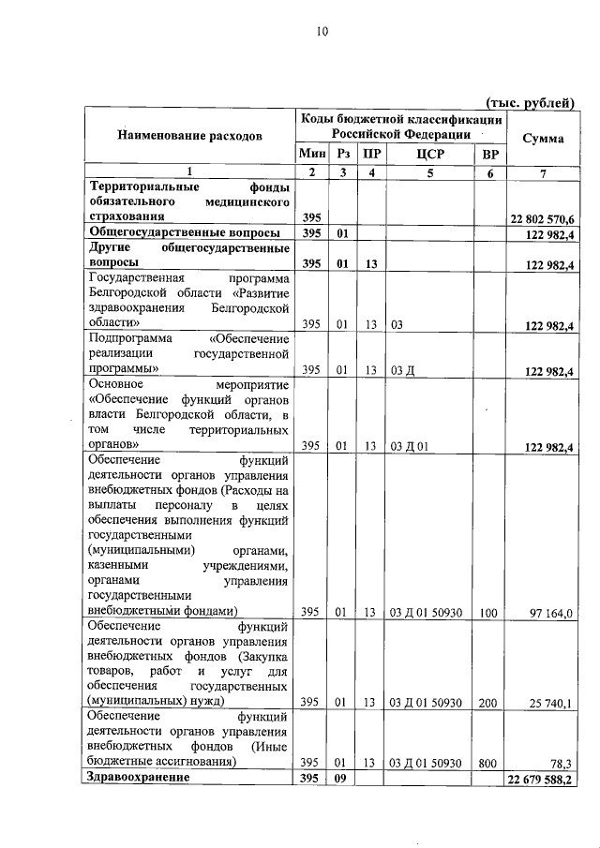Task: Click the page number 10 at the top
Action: pos(321,31)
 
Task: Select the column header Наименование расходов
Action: pos(189,136)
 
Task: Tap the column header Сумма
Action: pos(542,138)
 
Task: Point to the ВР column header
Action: pos(488,155)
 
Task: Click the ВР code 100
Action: pos(487,613)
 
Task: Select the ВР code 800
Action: pos(487,764)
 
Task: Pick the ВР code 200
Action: pos(487,702)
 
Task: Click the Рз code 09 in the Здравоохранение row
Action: pos(343,779)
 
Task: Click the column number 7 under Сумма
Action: pos(542,172)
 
